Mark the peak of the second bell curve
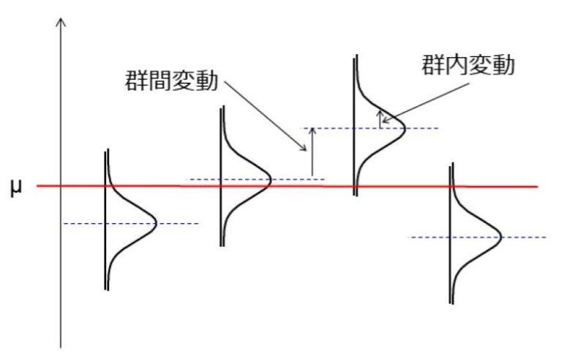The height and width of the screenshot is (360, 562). (271, 179)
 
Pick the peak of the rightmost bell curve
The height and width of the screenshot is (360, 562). (502, 236)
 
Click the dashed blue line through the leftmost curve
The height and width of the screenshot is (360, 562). (80, 222)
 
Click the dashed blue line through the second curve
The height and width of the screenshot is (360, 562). (205, 179)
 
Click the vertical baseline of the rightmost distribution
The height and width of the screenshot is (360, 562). (452, 234)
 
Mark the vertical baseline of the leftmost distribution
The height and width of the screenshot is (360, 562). (107, 220)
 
